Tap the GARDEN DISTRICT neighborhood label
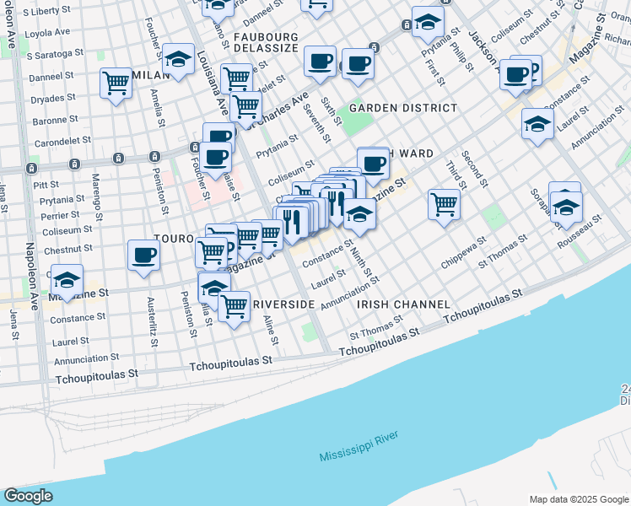click(403, 108)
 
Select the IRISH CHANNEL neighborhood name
click(403, 304)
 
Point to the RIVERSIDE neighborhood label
click(283, 304)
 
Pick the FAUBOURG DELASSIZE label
click(266, 43)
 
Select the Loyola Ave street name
click(48, 31)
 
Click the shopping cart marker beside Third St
click(444, 203)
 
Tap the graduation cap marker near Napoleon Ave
click(67, 279)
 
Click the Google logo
click(29, 496)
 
